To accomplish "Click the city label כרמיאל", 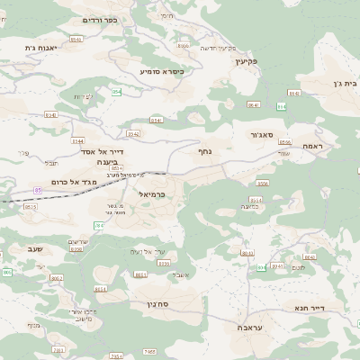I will pos(153,193).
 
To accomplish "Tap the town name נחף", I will pos(204,151).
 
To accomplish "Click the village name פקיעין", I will pos(245,61).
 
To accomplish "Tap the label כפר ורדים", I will pos(97,19).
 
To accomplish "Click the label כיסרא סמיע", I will pos(162,71).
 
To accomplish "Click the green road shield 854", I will pos(116,92).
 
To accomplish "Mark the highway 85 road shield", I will pos(38,190).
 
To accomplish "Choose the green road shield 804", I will pos(262,267).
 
